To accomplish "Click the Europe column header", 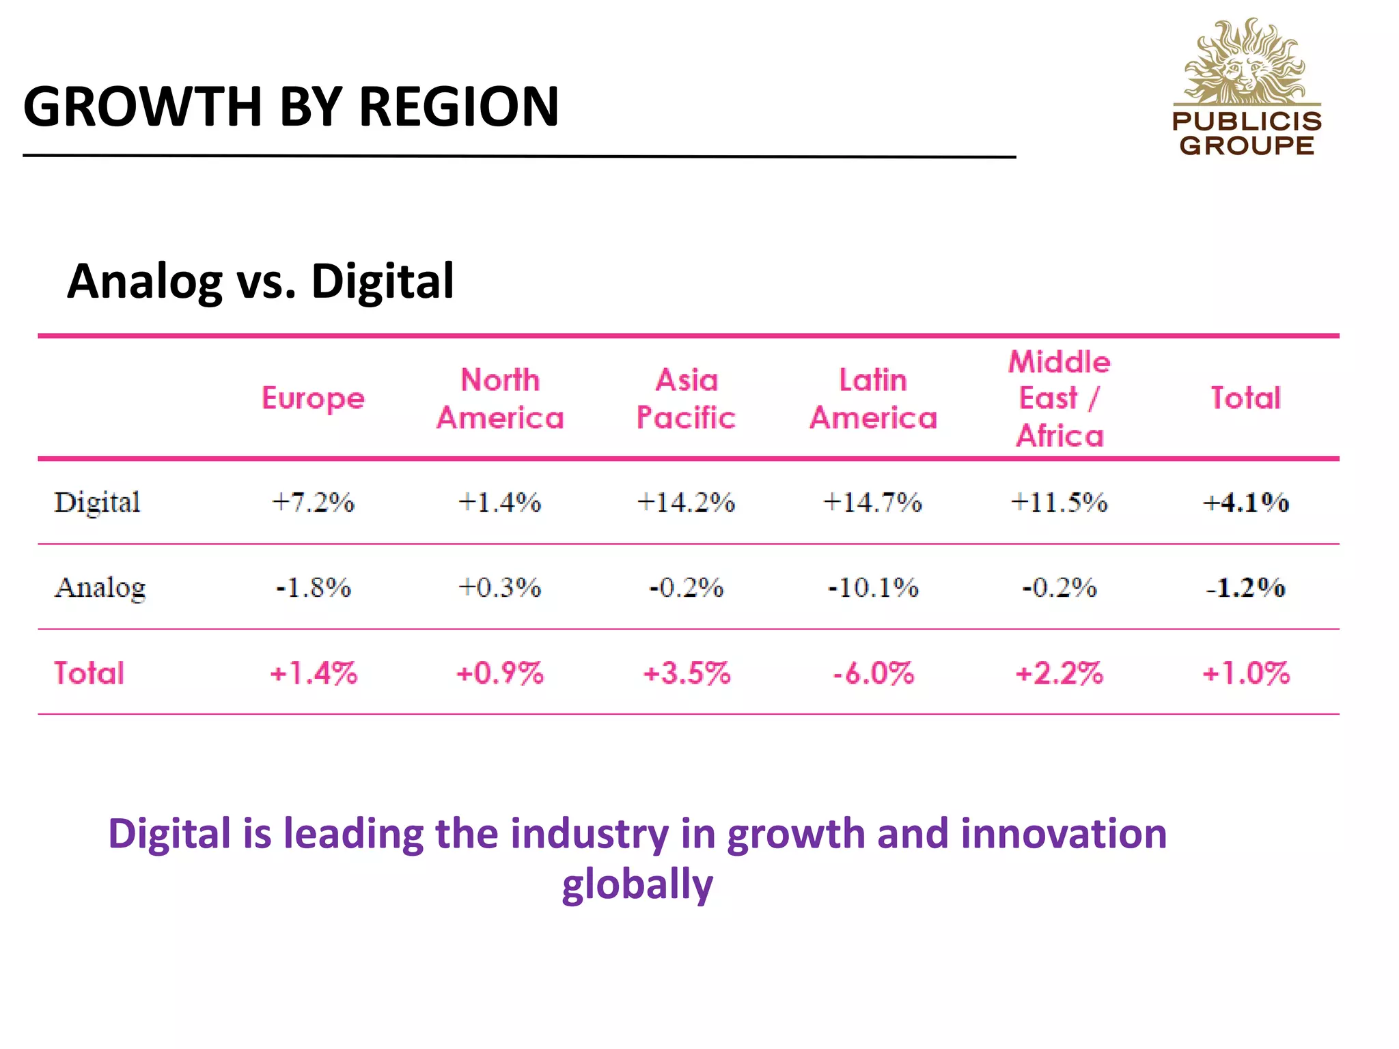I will pos(313,398).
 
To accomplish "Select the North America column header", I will pos(500,399).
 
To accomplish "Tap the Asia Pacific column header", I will pos(686,399).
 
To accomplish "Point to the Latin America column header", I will pos(873,399).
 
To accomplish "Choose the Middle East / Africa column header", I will pos(1059,399).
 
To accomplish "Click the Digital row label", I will pos(97,503).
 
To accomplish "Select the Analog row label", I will pos(100,587).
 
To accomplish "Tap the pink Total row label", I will pos(89,673).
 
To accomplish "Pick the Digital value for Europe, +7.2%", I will pos(313,503).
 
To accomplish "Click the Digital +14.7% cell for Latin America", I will pos(872,503).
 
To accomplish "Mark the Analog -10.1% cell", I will pos(873,587).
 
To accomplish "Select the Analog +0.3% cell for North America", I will pos(499,587).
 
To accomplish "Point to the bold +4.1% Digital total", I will pos(1245,503).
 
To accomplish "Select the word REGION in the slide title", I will pos(458,107).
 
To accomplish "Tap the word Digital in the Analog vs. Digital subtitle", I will pos(382,281).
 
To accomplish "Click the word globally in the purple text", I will pos(637,884).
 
